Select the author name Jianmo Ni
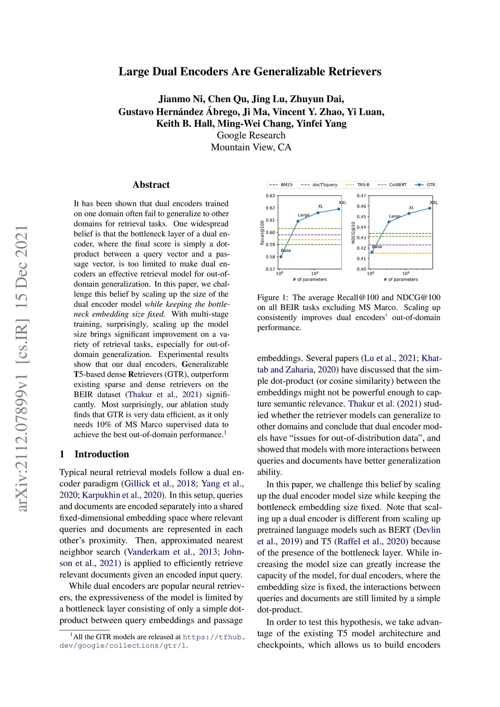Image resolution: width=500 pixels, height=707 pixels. point(181,99)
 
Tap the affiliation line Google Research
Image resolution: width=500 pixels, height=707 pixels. point(251,135)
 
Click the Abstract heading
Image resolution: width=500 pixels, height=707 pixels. point(151,185)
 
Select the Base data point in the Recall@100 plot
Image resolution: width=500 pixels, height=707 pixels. point(281,256)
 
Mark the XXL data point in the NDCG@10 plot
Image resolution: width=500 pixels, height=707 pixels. point(430,208)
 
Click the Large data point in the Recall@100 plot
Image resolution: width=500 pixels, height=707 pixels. point(298,221)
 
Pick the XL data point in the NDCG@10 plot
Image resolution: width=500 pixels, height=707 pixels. point(409,213)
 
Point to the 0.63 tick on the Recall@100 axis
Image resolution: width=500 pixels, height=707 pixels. point(270,196)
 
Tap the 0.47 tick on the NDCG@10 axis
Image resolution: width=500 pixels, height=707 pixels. point(361,196)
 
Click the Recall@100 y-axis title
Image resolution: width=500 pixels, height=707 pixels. point(262,232)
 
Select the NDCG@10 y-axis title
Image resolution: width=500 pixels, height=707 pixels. point(353,232)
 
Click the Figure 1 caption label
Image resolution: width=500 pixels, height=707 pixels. point(272,297)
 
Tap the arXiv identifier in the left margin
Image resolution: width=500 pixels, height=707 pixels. point(22,369)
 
